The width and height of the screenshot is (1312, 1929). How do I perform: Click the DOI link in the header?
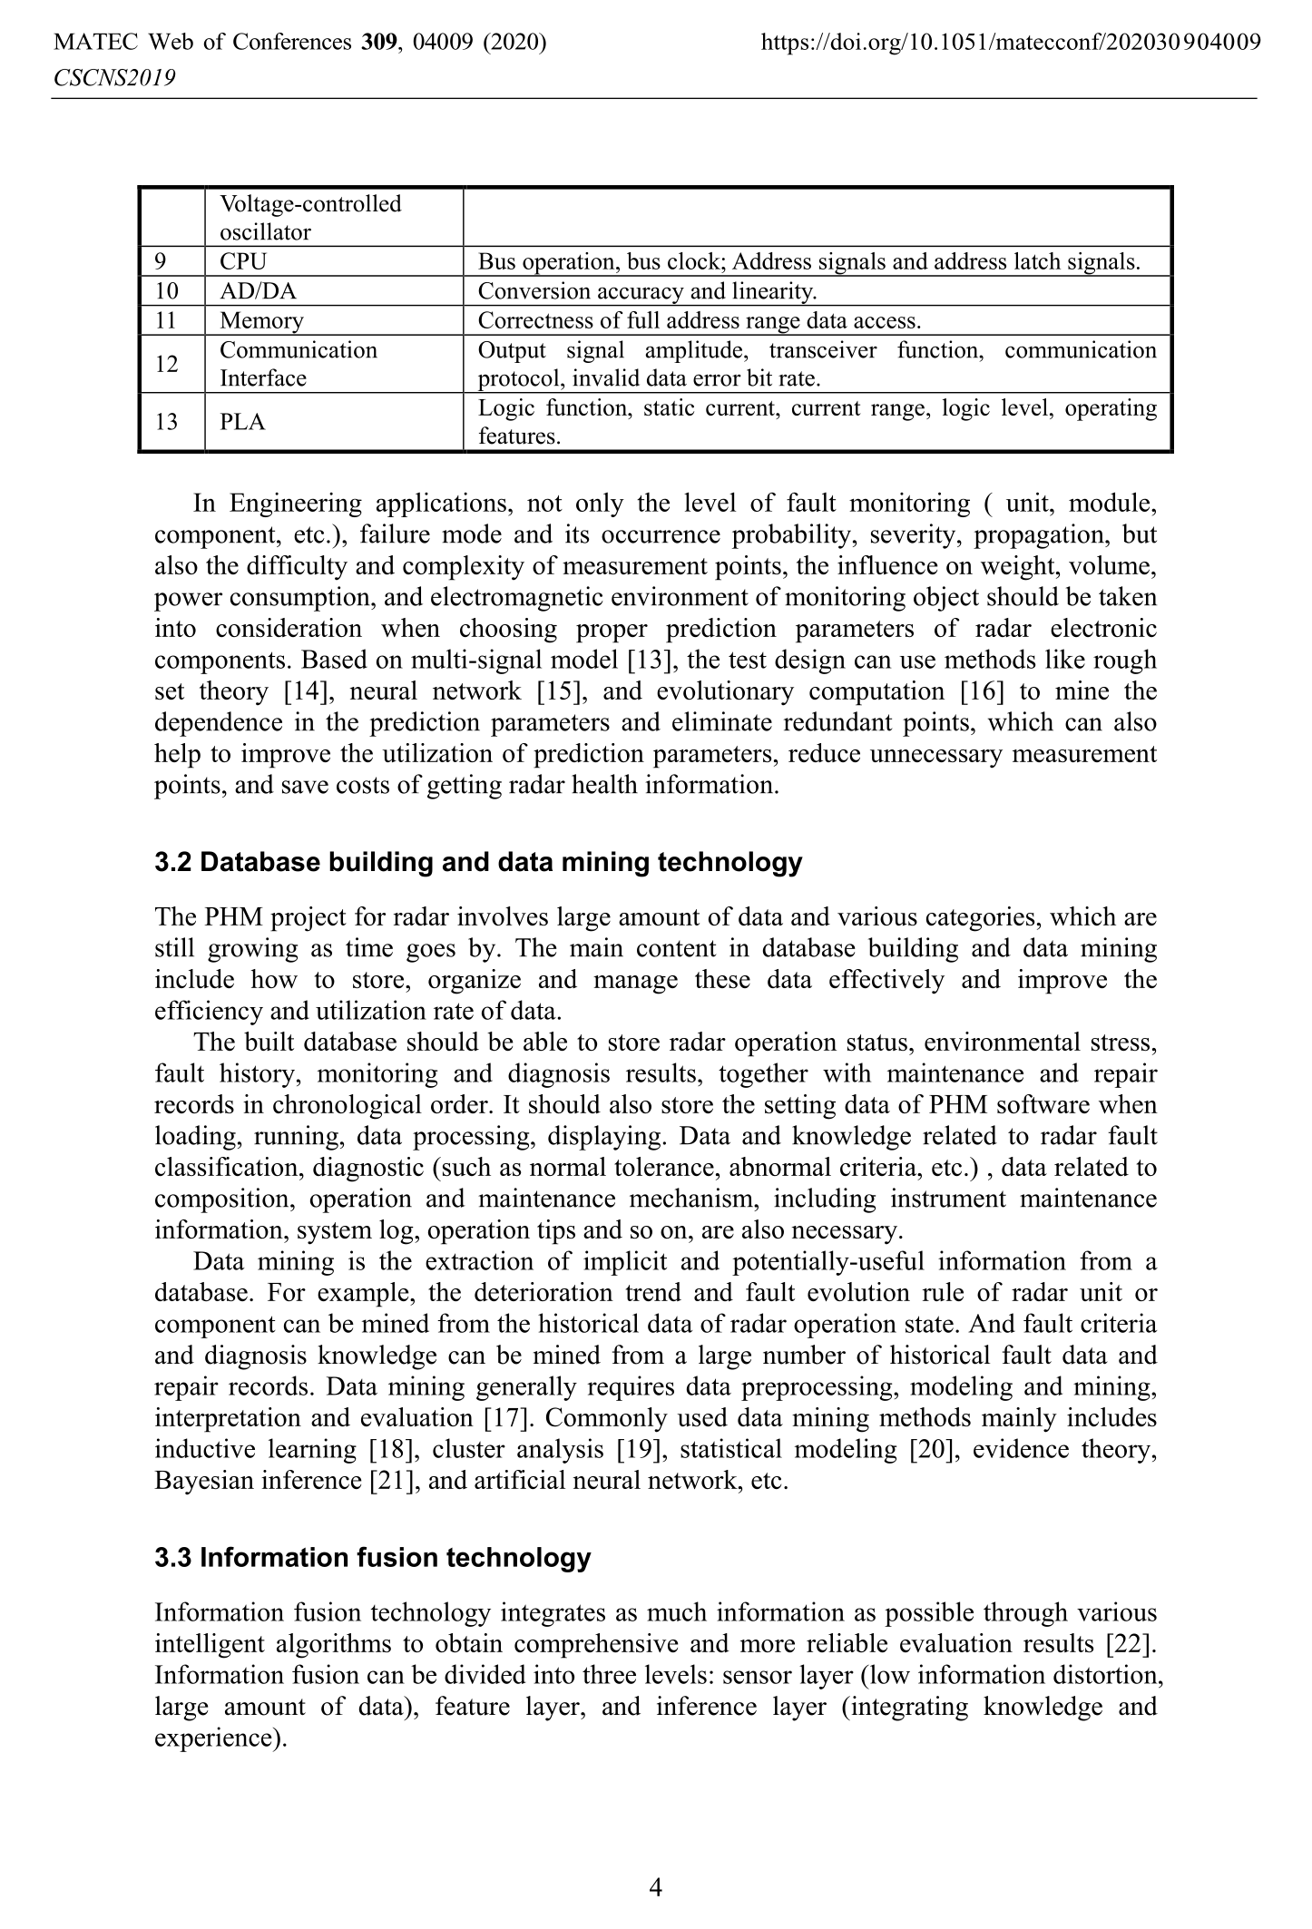click(x=1011, y=42)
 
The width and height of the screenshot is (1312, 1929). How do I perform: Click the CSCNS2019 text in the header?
click(x=114, y=79)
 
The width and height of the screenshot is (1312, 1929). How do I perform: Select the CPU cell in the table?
click(x=243, y=262)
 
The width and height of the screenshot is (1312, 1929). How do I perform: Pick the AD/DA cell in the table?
click(x=258, y=291)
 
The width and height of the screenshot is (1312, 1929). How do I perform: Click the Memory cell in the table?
click(x=261, y=320)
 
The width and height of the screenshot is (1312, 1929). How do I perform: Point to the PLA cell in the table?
click(x=242, y=422)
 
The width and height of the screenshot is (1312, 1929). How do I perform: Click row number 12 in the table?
click(x=167, y=364)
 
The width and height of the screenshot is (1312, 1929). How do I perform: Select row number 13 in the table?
click(x=167, y=422)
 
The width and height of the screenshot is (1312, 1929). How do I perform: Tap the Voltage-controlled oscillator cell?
click(x=310, y=218)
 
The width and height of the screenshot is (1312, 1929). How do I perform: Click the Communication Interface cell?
click(x=298, y=364)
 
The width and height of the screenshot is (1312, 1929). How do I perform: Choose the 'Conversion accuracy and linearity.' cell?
click(x=647, y=291)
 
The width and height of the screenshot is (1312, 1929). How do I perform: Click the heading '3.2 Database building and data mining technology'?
click(x=478, y=862)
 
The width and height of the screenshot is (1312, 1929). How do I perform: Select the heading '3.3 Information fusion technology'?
click(x=372, y=1558)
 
